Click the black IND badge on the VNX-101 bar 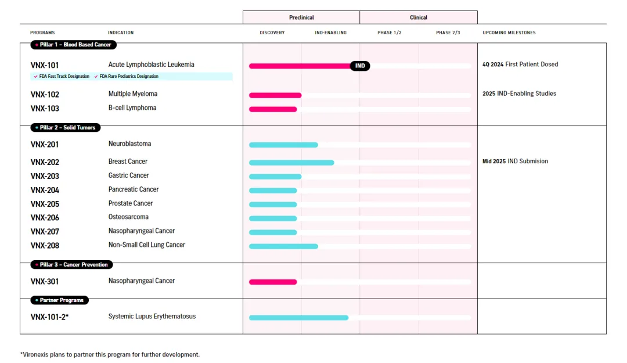point(360,66)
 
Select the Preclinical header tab point(301,17)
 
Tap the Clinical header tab point(419,17)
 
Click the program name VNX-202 point(45,162)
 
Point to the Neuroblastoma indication point(129,143)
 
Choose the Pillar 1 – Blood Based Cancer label point(74,45)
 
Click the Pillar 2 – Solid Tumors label point(66,127)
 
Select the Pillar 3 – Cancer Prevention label point(72,264)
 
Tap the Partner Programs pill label point(60,300)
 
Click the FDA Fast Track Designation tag point(62,76)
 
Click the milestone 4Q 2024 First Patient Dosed point(520,64)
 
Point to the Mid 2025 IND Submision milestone point(515,161)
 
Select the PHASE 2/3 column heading point(448,33)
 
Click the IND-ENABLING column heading point(330,33)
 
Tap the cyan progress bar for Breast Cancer point(291,163)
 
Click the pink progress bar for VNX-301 point(273,282)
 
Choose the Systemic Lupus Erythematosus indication point(152,317)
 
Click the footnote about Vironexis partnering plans point(110,354)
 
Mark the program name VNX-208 point(45,246)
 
